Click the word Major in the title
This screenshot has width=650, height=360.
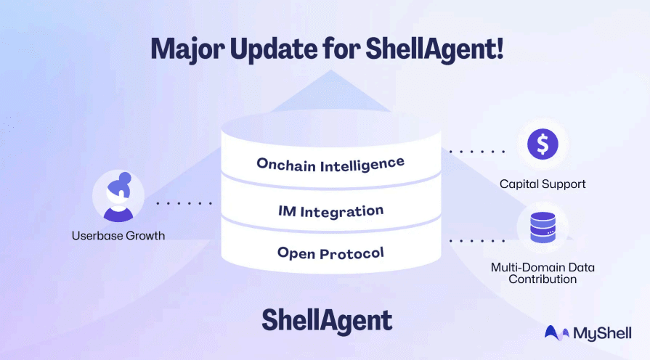(188, 49)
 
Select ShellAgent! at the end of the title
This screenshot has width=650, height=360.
(434, 49)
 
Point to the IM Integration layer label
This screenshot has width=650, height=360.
(330, 211)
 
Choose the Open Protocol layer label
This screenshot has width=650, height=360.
(330, 253)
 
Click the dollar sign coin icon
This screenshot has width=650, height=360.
(543, 144)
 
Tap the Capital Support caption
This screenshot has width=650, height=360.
(543, 184)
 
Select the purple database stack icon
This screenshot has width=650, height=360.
(543, 227)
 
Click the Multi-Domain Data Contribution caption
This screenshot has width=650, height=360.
(543, 273)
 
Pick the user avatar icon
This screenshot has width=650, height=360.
(118, 197)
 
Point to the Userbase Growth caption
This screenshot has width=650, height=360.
(118, 236)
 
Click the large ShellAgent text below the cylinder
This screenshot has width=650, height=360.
(327, 321)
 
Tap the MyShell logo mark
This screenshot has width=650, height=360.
(556, 333)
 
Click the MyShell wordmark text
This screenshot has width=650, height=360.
(602, 334)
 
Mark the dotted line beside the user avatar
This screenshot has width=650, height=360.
(184, 203)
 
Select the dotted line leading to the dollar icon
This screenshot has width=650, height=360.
(476, 152)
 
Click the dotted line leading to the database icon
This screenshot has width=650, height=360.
(476, 241)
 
